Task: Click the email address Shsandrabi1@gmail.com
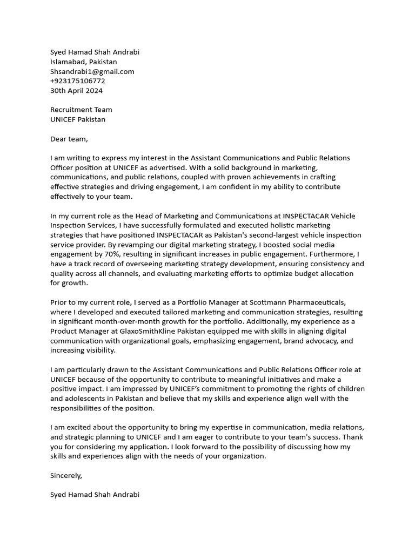tap(92, 71)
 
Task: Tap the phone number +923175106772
tap(77, 81)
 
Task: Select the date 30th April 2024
tap(76, 91)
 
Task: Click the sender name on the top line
tap(95, 52)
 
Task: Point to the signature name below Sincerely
tap(95, 494)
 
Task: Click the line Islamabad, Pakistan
tap(83, 62)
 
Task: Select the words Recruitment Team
tap(81, 110)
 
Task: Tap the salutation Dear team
tap(69, 139)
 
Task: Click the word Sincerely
tap(66, 475)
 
